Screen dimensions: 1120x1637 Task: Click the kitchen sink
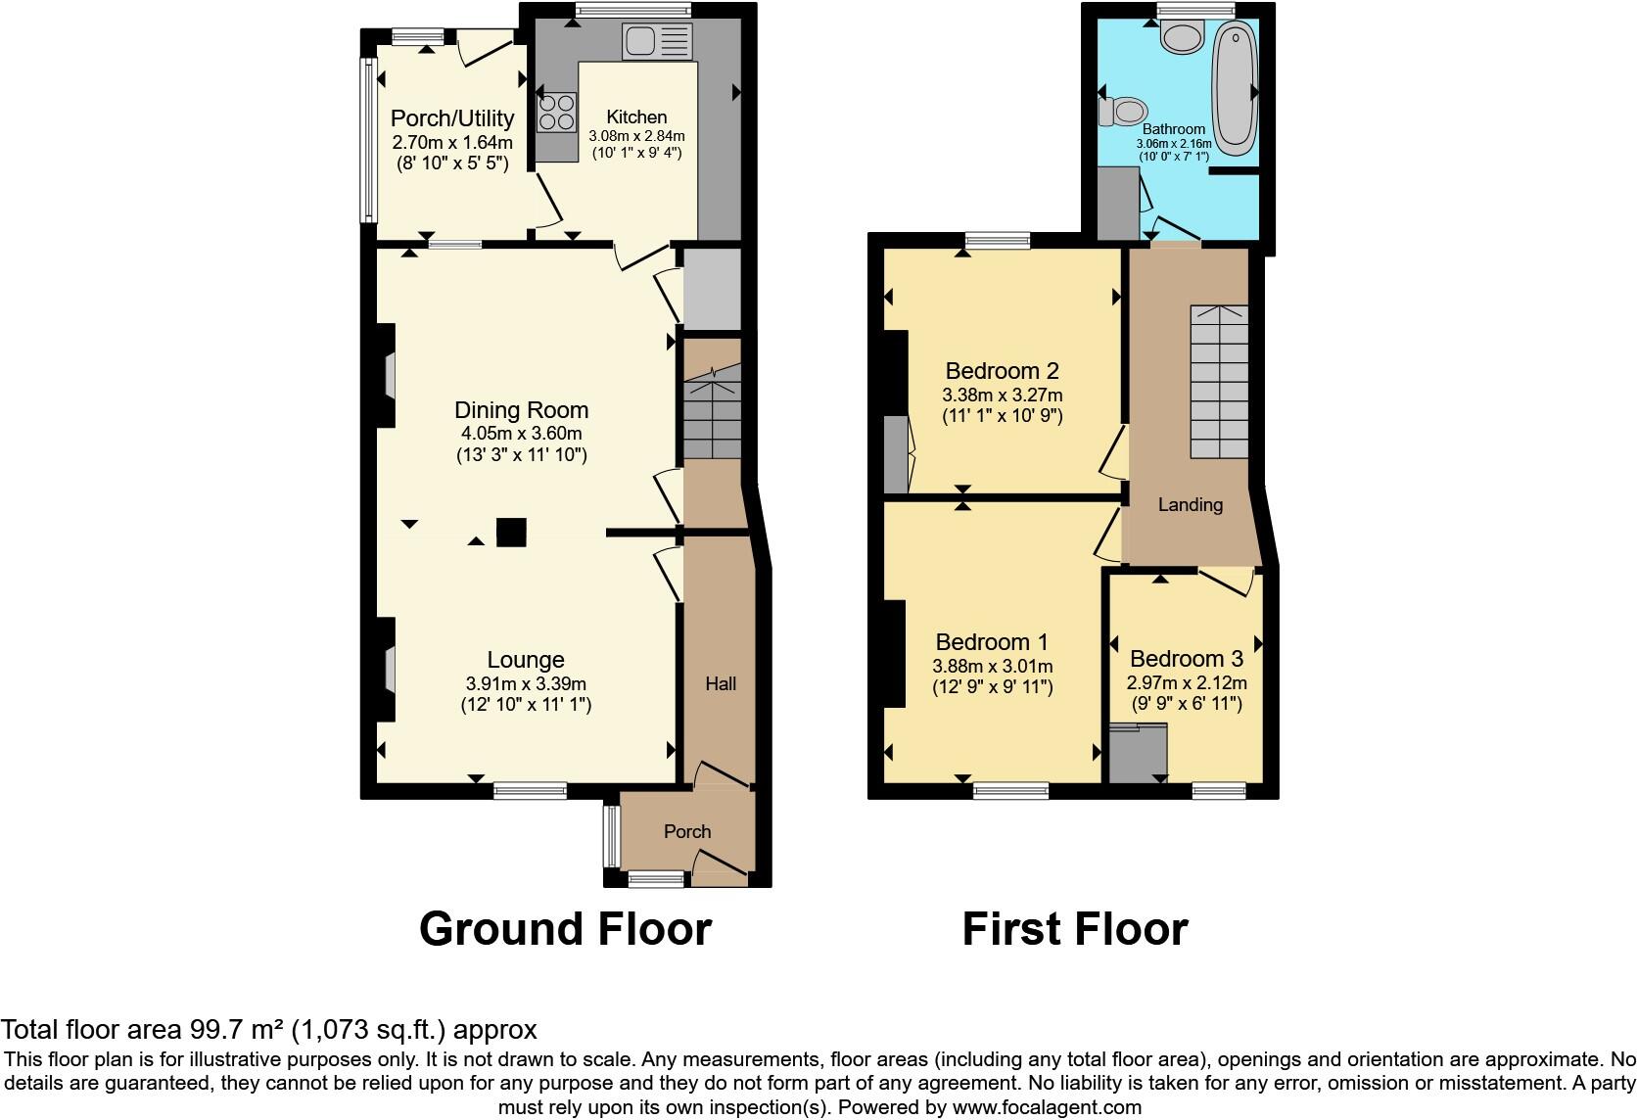(x=657, y=41)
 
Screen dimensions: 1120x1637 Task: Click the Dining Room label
(x=521, y=410)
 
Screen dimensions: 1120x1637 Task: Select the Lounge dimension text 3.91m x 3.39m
(x=526, y=684)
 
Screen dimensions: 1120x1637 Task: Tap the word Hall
(x=721, y=683)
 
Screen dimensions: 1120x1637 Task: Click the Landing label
(x=1190, y=504)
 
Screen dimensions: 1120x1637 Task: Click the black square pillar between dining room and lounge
(x=510, y=532)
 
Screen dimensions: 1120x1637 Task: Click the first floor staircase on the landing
(x=1219, y=382)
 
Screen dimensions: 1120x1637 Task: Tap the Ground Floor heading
(x=565, y=928)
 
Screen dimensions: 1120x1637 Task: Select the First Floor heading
(x=1074, y=928)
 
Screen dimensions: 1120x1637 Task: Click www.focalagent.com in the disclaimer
(x=1046, y=1107)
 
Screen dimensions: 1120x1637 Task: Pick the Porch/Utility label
(x=451, y=118)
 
